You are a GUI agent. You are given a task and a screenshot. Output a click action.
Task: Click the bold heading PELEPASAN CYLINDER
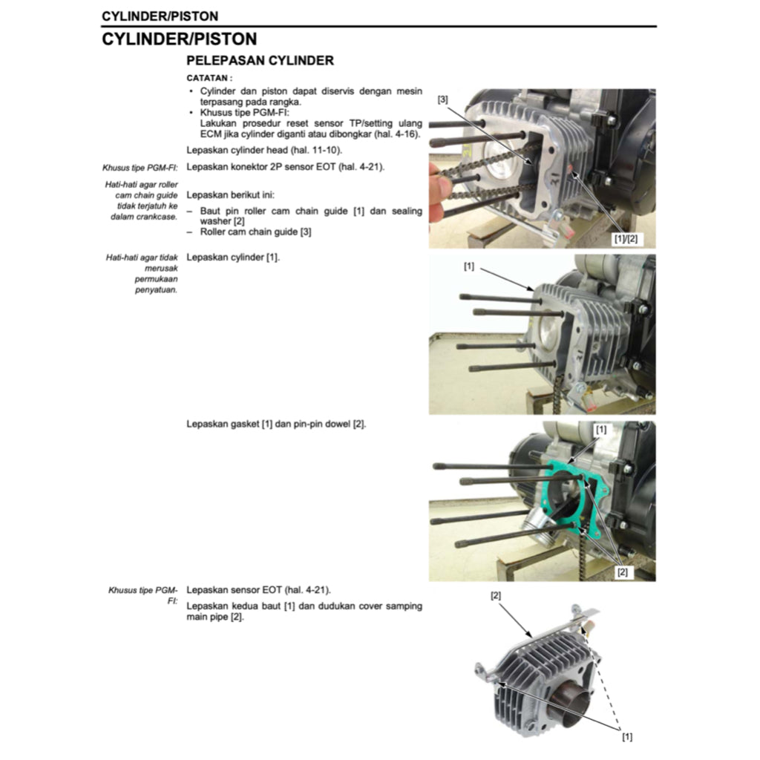click(260, 61)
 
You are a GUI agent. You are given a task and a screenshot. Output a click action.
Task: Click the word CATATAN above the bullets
click(209, 77)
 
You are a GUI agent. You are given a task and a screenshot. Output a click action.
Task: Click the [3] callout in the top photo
click(442, 99)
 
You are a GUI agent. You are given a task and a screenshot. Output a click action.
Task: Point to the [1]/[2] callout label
click(625, 239)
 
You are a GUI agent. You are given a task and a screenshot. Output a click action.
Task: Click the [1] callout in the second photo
click(468, 266)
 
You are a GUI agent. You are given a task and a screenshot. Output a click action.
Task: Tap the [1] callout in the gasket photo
click(600, 429)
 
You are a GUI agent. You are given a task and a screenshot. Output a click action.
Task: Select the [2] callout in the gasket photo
click(622, 572)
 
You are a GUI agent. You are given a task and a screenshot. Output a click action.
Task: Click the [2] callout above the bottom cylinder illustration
click(496, 594)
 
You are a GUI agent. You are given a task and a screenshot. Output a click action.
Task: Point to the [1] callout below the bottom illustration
click(626, 737)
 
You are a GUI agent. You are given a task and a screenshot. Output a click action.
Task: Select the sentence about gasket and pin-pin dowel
click(276, 424)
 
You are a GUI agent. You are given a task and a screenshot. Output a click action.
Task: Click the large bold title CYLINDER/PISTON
click(179, 39)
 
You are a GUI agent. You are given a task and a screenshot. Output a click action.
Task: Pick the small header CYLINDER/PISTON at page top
click(160, 16)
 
